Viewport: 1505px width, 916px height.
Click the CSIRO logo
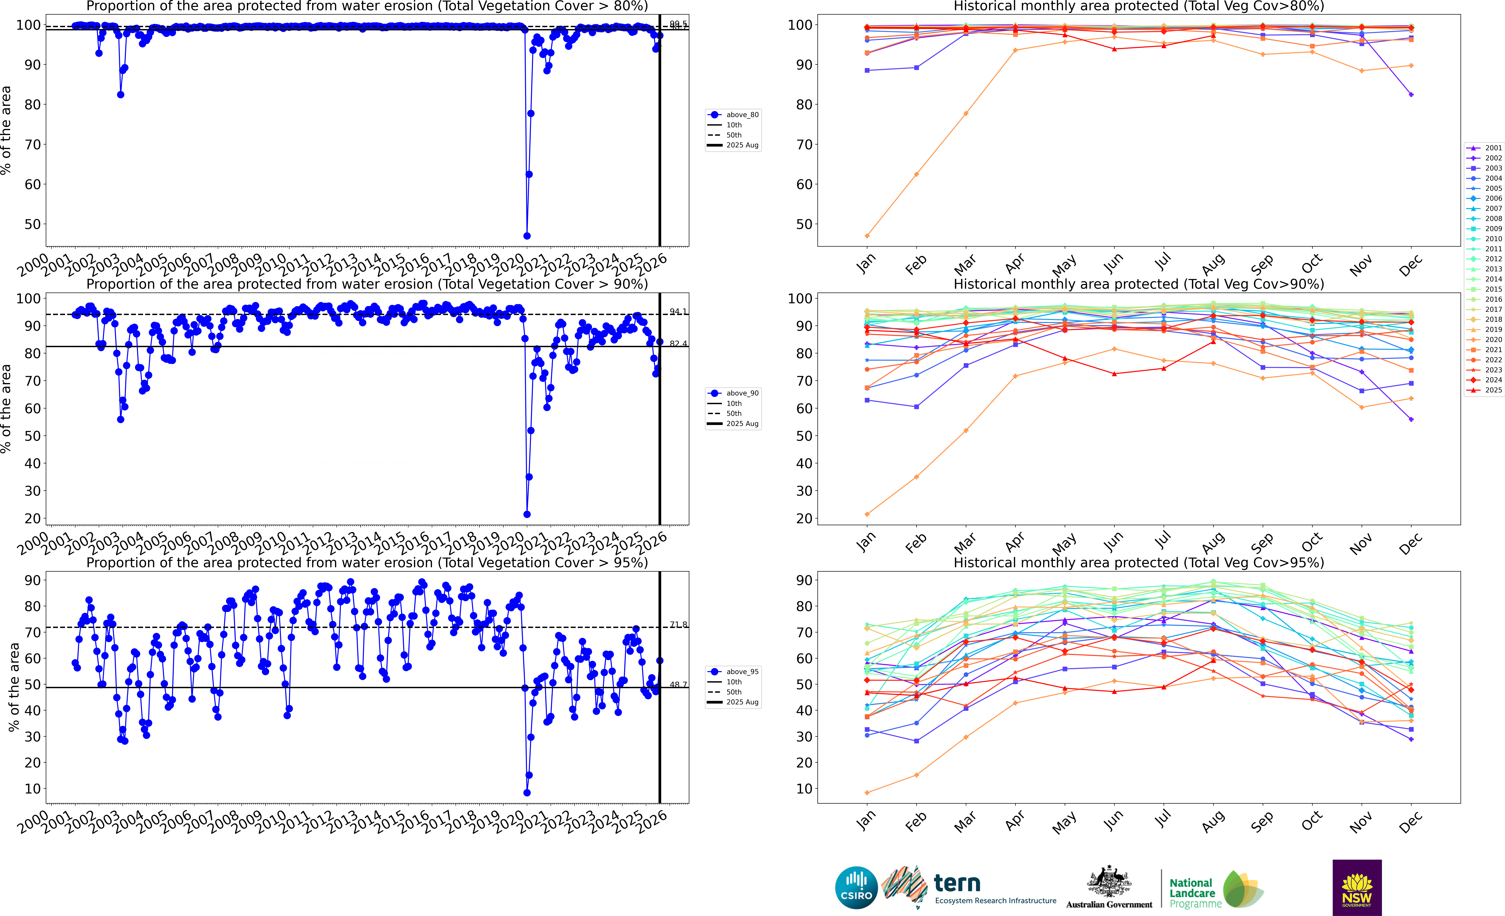(x=856, y=887)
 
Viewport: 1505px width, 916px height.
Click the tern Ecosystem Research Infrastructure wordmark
(x=994, y=889)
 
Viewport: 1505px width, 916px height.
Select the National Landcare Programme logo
(x=1215, y=890)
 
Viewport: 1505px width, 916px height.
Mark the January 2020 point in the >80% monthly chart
(x=867, y=236)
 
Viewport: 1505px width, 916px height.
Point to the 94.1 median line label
(x=678, y=311)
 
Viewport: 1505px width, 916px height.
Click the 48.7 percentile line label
(x=678, y=685)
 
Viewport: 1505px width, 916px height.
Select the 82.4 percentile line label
(x=678, y=344)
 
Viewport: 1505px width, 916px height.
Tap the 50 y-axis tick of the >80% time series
(x=32, y=224)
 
